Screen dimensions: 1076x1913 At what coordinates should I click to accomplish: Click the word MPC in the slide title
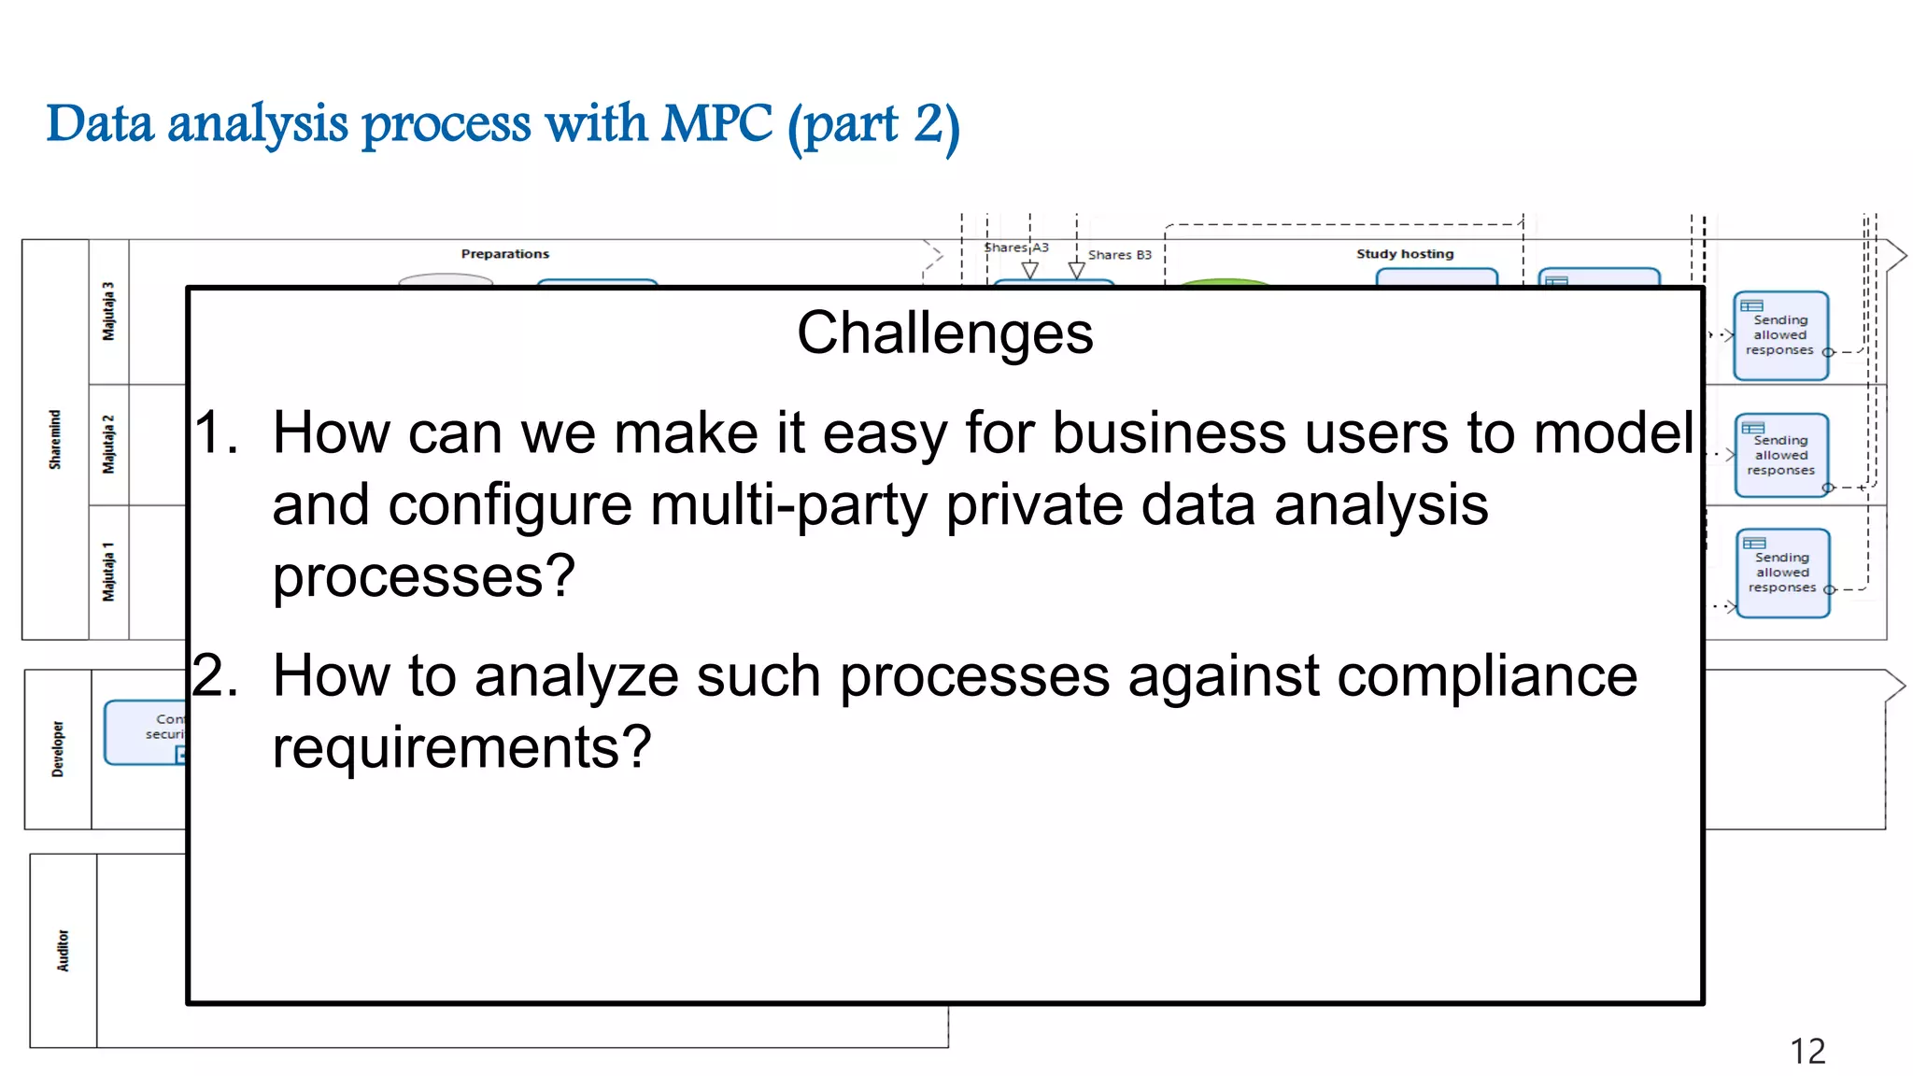[716, 124]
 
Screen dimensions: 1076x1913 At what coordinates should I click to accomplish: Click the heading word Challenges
[944, 333]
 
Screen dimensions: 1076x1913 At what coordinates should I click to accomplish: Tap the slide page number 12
[1807, 1051]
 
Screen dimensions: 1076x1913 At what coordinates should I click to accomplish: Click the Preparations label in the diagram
[504, 254]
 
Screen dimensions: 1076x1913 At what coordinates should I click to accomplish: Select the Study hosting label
[1404, 254]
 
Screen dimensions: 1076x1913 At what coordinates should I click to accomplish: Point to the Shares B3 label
[1119, 255]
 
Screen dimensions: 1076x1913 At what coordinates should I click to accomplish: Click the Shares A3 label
[1016, 248]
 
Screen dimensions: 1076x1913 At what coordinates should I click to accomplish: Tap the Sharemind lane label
[55, 439]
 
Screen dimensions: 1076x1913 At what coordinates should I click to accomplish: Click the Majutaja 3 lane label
[108, 311]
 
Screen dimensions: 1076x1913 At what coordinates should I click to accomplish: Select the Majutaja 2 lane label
[108, 445]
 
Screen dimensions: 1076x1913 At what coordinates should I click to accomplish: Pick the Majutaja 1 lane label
[108, 572]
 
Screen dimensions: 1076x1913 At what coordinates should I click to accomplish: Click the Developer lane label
[58, 749]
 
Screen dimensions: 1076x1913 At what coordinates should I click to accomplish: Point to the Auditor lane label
[63, 950]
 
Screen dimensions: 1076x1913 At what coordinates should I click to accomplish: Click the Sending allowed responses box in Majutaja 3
[1779, 335]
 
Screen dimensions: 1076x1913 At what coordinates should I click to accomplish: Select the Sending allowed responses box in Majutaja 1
[1782, 573]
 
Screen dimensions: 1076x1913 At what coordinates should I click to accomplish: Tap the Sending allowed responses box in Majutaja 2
[1780, 455]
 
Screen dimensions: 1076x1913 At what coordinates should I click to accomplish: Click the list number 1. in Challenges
[216, 433]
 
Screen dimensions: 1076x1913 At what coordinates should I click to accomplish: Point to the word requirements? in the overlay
[461, 748]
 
